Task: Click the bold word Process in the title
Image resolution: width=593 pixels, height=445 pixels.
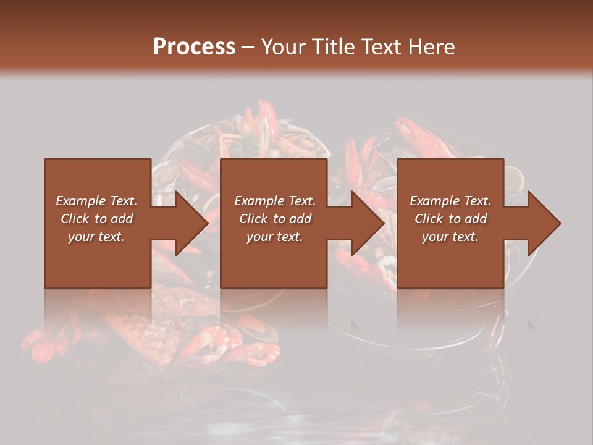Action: [194, 47]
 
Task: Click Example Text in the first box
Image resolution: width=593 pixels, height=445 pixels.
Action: [96, 201]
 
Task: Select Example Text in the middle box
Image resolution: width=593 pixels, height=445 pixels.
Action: [275, 201]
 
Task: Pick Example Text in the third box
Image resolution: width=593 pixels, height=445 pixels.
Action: [450, 201]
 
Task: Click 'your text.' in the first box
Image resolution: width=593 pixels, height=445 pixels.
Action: [96, 237]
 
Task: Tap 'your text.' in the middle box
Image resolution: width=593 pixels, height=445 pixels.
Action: [275, 237]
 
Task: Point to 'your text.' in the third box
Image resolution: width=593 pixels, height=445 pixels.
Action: [450, 237]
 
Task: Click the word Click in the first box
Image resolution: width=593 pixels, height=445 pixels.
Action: [75, 219]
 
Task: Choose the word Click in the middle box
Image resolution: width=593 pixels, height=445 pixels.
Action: [253, 219]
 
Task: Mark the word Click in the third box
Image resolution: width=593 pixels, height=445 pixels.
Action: [429, 219]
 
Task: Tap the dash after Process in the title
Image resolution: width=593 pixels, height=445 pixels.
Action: [248, 47]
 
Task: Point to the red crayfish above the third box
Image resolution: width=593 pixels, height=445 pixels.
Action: [410, 133]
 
